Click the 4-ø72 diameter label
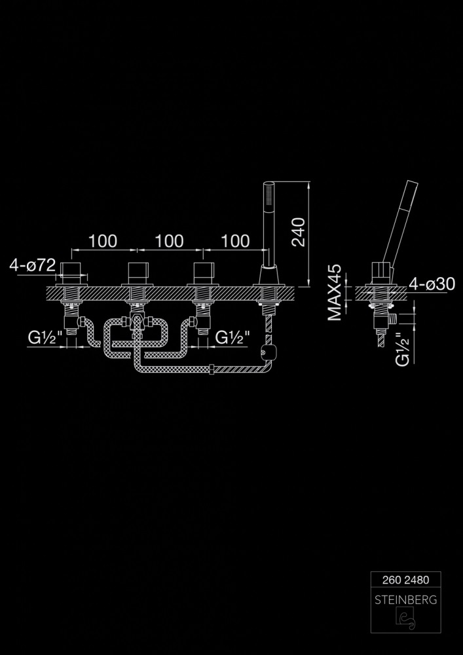(x=33, y=266)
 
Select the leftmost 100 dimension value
(x=103, y=241)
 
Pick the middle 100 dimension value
(x=169, y=241)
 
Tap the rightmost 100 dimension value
(x=235, y=241)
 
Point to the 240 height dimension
(x=299, y=233)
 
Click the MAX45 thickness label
(x=335, y=292)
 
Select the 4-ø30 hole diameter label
(x=432, y=284)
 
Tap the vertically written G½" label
(x=403, y=349)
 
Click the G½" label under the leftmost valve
(x=45, y=337)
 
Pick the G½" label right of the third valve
(x=232, y=337)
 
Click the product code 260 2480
(x=406, y=580)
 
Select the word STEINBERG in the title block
(x=406, y=600)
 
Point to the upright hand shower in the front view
(x=269, y=223)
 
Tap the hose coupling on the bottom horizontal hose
(x=212, y=369)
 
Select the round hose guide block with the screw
(x=265, y=351)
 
